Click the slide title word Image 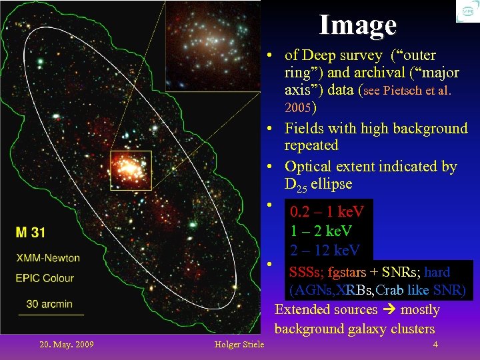point(357,25)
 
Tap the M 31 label point(31,233)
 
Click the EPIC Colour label point(45,278)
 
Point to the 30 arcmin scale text point(49,304)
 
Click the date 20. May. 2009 point(67,345)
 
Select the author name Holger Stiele point(239,345)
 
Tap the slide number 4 point(435,345)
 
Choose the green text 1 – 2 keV point(321,231)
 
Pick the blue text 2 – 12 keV point(325,250)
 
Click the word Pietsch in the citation point(403,91)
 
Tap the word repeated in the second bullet point(311,145)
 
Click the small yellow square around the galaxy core point(131,171)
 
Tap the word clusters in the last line point(410,329)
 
